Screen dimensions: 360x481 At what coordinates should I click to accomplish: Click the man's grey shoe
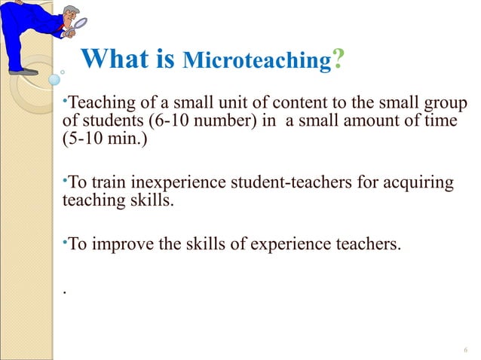tap(25, 72)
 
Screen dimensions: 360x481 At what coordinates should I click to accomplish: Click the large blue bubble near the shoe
tap(54, 79)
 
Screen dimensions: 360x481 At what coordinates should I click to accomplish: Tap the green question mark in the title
tap(339, 57)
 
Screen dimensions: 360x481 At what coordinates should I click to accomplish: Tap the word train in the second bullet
tap(108, 183)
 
